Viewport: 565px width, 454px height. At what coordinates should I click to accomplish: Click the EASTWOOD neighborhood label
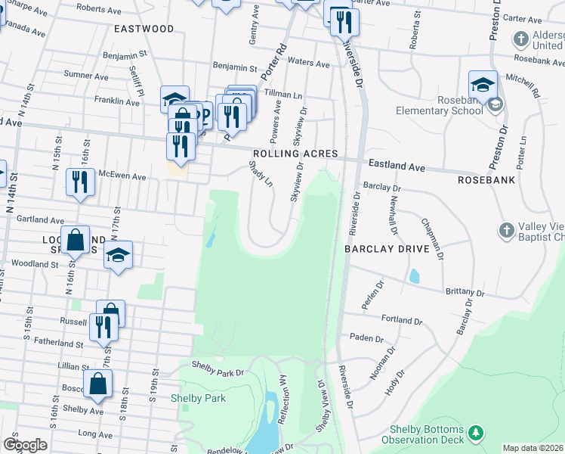(144, 29)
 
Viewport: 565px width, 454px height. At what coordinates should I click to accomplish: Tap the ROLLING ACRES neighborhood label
(295, 153)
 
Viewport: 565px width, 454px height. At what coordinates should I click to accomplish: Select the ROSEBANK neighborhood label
(486, 181)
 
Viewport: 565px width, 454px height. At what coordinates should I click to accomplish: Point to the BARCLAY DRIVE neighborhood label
(387, 248)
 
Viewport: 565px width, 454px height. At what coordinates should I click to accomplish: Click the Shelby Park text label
(198, 398)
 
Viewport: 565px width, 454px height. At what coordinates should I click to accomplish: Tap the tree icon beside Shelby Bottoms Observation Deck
(476, 433)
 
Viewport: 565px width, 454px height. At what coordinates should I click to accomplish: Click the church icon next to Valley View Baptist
(507, 229)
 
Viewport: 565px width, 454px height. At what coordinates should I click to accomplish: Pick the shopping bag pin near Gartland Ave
(76, 241)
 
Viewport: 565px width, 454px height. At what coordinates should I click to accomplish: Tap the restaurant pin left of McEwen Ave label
(79, 182)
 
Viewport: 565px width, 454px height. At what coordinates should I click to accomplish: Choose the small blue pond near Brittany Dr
(414, 276)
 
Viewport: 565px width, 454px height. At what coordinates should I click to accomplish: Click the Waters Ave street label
(309, 64)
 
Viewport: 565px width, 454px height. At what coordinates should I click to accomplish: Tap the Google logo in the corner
(25, 445)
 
